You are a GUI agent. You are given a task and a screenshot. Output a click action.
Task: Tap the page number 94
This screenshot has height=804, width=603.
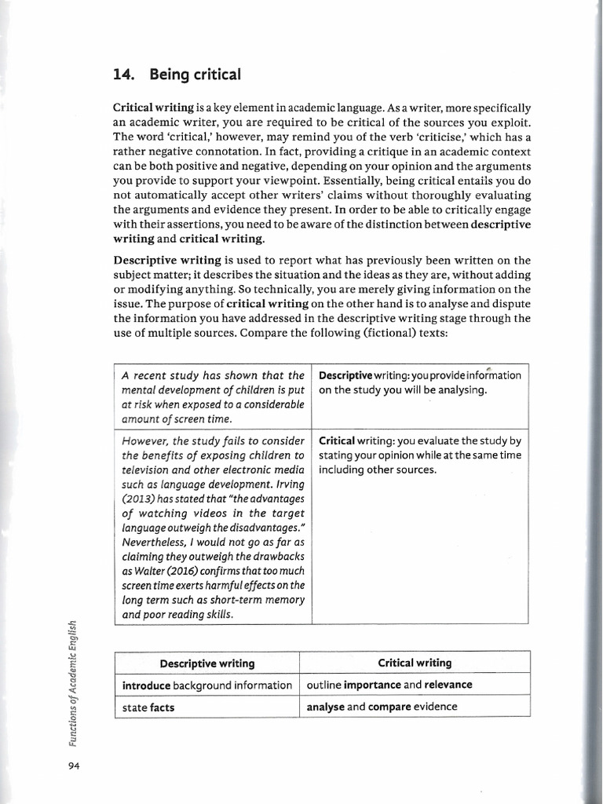point(74,766)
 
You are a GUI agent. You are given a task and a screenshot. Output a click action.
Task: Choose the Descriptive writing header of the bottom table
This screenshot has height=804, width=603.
point(207,663)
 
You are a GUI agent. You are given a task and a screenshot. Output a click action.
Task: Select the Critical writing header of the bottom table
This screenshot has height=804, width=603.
point(415,663)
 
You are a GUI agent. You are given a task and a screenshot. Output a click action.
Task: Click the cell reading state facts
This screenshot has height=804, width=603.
point(148,707)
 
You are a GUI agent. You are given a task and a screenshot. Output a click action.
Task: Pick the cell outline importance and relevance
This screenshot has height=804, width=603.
point(389,685)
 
